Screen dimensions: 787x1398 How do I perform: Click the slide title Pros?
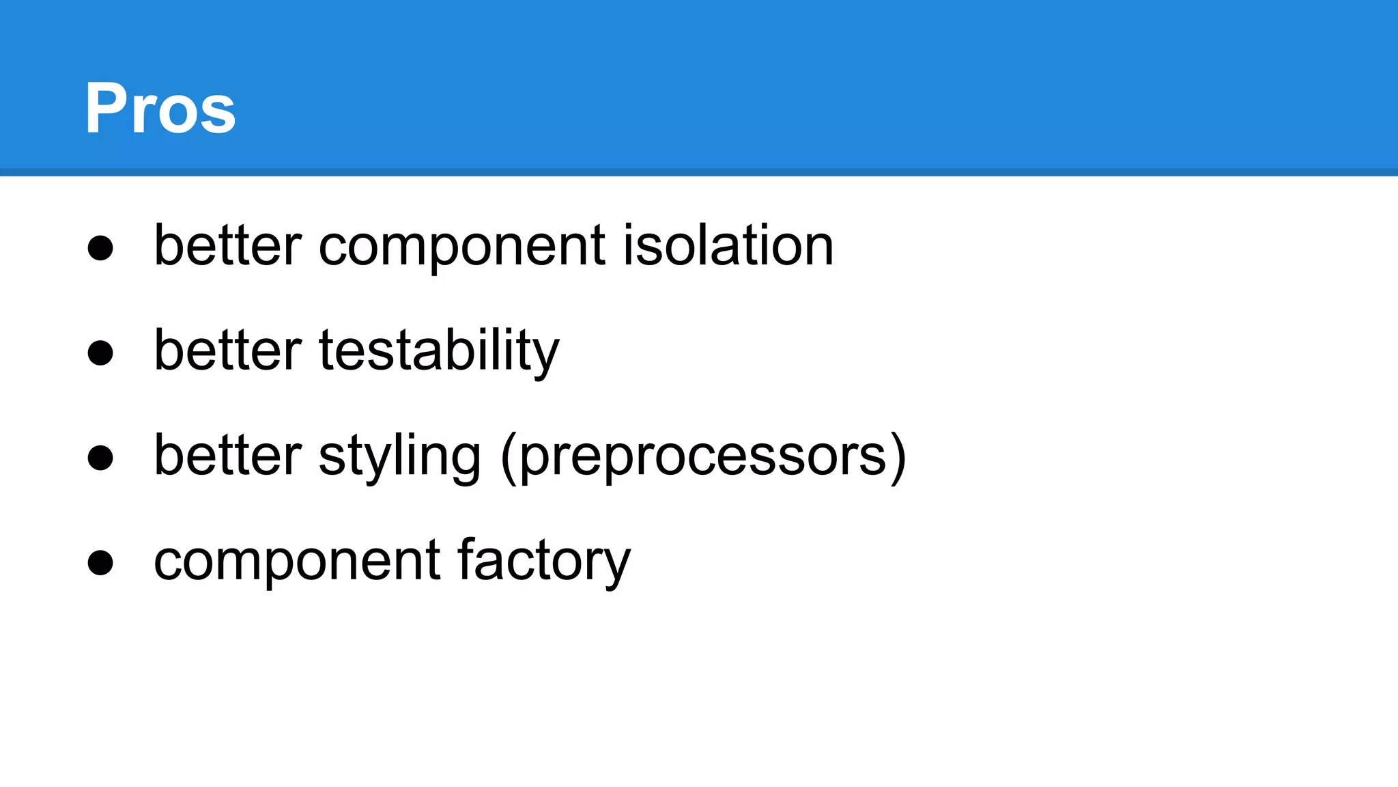click(160, 108)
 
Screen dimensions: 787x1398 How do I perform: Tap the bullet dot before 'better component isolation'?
click(100, 247)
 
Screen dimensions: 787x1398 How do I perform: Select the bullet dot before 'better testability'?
click(100, 353)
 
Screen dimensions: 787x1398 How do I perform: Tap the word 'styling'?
click(399, 456)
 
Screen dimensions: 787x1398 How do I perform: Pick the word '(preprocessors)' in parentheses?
click(704, 456)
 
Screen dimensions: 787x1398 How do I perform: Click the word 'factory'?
click(544, 561)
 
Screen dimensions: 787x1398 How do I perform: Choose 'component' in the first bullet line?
click(462, 246)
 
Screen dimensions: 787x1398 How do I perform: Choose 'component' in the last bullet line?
click(298, 562)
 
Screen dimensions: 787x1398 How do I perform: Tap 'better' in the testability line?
click(228, 350)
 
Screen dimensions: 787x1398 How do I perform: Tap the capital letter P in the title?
click(106, 108)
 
